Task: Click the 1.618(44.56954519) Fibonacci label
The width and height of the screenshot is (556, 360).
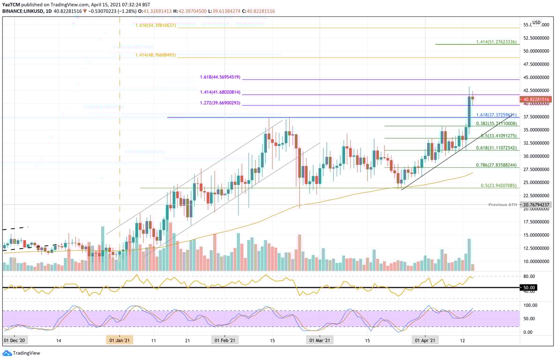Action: pos(219,77)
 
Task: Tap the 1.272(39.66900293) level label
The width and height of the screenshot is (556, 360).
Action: pos(219,103)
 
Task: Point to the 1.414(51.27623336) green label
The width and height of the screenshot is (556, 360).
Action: pos(496,42)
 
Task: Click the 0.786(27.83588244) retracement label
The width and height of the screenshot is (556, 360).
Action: pos(496,165)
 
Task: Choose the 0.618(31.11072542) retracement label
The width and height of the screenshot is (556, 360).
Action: pos(496,148)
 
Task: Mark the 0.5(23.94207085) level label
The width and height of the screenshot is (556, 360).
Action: pos(499,186)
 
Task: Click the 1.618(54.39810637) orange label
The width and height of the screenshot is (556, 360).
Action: pos(155,25)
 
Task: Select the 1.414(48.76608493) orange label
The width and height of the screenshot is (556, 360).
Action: pos(155,55)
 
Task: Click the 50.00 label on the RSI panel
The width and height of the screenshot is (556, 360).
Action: pos(528,287)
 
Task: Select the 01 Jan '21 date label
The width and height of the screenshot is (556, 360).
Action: pos(120,339)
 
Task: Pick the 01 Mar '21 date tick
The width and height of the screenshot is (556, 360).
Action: pos(320,339)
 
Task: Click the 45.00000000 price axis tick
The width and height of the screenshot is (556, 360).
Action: pos(535,77)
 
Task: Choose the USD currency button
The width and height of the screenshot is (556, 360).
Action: pos(536,22)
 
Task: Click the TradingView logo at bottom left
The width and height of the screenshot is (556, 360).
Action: pos(22,353)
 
